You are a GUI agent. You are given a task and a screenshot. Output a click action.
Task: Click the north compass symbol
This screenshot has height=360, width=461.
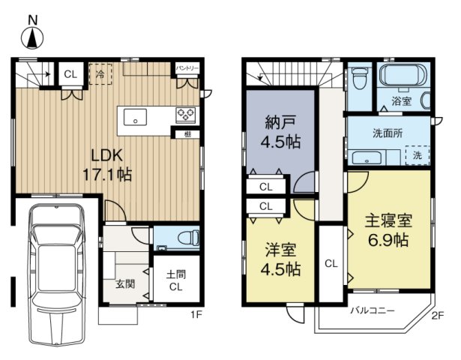tap(31, 34)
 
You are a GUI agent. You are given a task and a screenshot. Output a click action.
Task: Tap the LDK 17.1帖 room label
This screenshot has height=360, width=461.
tap(112, 164)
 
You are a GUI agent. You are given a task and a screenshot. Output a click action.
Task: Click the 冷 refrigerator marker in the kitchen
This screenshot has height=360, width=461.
tap(100, 73)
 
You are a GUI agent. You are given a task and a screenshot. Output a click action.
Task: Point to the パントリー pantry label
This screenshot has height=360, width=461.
tap(187, 68)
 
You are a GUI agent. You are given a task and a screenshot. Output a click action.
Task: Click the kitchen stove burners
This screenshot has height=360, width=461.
tap(186, 115)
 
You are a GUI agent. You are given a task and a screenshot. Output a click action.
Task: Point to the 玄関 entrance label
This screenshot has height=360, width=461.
tap(125, 284)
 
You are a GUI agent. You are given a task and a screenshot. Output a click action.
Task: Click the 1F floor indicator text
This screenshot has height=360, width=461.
tap(196, 315)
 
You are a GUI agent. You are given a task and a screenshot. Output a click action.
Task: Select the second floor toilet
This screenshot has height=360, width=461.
tap(359, 79)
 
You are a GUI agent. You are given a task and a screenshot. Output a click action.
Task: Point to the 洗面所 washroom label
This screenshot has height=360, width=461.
tap(388, 133)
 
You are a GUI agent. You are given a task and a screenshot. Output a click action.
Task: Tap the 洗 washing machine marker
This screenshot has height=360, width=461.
tap(416, 155)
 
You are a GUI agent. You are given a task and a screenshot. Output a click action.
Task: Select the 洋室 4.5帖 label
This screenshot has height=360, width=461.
tap(282, 259)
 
